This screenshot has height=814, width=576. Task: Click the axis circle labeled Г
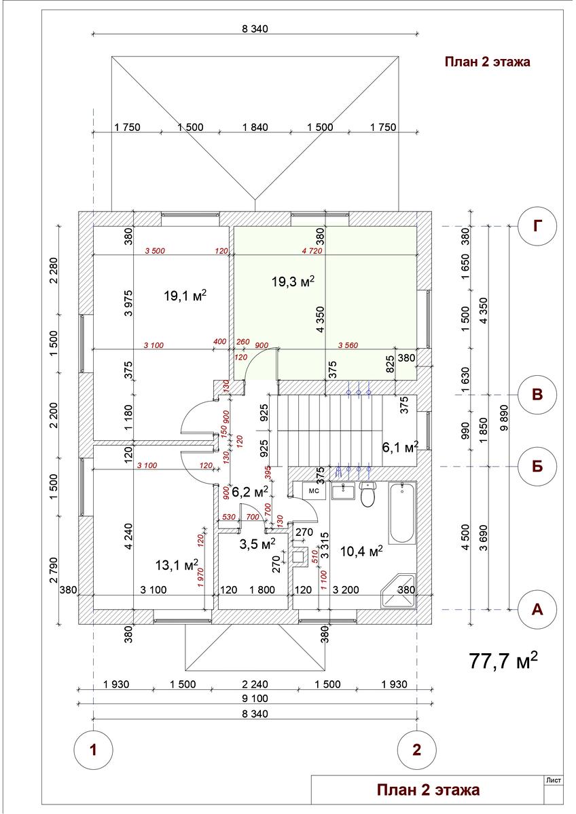point(537,226)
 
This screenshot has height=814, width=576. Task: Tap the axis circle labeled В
point(537,395)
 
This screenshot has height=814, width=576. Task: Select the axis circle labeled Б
point(537,466)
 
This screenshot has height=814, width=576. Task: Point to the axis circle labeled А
point(537,609)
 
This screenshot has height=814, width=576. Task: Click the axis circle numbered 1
point(92,750)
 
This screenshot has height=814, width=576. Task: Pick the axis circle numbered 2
point(416,750)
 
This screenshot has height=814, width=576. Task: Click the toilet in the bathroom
point(368,496)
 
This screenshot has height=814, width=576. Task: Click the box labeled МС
point(314,490)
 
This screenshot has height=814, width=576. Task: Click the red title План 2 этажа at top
point(487,62)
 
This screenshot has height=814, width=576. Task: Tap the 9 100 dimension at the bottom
point(253,699)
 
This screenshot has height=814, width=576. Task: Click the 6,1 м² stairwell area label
point(399,447)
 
